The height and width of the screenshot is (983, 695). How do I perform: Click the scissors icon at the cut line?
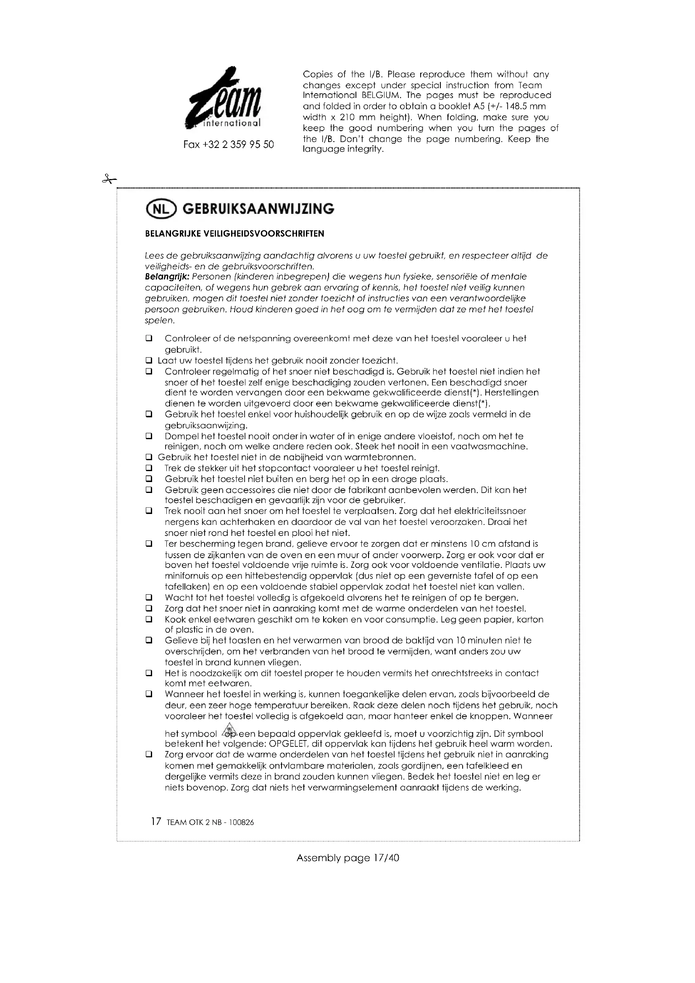tap(109, 179)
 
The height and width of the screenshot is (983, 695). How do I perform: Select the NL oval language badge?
tap(161, 209)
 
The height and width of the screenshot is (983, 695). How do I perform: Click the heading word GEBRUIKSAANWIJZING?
tap(258, 209)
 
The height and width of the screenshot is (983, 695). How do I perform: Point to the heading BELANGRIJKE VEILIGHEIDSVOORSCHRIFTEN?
tap(234, 234)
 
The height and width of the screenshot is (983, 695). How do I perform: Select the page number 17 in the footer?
tap(156, 822)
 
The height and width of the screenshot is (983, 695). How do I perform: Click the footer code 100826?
tap(241, 822)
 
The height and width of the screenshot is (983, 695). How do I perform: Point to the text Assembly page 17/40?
tap(347, 858)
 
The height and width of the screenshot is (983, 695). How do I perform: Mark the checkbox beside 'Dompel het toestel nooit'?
tap(148, 436)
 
